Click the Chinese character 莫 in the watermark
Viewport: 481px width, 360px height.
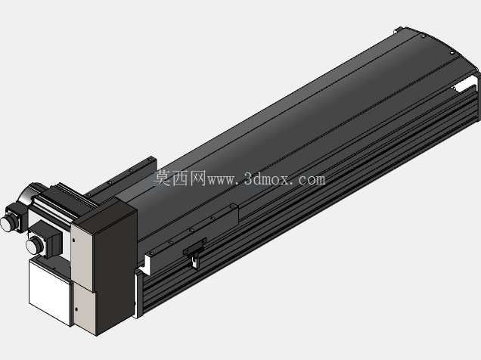[163, 178]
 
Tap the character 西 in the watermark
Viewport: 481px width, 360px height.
[180, 178]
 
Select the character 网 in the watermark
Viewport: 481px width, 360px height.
[197, 178]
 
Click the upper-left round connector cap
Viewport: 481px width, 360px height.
[8, 223]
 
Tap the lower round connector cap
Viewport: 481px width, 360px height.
[34, 245]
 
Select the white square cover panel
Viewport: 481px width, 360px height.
[51, 292]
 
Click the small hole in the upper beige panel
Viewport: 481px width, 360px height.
[73, 240]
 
